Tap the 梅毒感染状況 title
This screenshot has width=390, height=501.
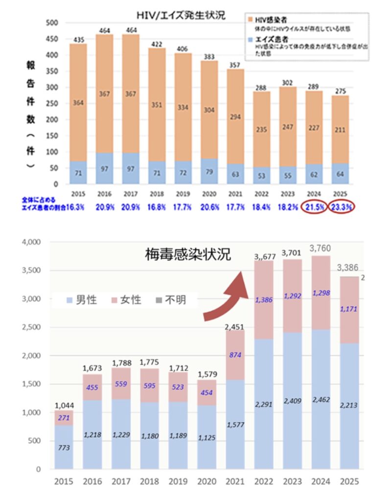pyautogui.click(x=188, y=255)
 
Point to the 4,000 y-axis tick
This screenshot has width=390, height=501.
pyautogui.click(x=34, y=242)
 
